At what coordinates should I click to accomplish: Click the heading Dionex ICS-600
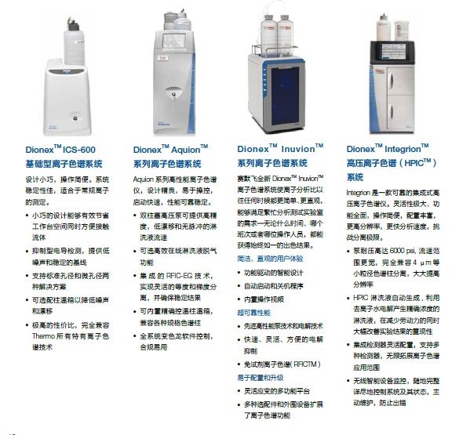pyautogui.click(x=60, y=150)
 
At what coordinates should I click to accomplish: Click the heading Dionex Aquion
pyautogui.click(x=170, y=150)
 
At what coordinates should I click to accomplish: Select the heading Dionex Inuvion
pyautogui.click(x=280, y=148)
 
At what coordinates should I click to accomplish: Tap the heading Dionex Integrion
pyautogui.click(x=388, y=148)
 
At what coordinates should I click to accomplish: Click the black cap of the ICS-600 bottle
pyautogui.click(x=74, y=25)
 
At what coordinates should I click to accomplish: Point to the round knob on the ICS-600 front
pyautogui.click(x=75, y=118)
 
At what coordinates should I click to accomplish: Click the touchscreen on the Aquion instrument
pyautogui.click(x=175, y=40)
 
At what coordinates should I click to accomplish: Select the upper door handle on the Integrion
pyautogui.click(x=392, y=78)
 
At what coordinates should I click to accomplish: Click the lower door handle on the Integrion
pyautogui.click(x=392, y=111)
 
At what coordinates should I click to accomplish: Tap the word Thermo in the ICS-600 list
pyautogui.click(x=43, y=336)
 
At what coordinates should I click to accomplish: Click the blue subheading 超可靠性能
pyautogui.click(x=253, y=313)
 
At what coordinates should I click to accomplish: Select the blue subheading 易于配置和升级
pyautogui.click(x=260, y=378)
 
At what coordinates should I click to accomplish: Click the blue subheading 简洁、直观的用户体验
pyautogui.click(x=270, y=259)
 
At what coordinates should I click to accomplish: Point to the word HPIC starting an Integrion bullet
pyautogui.click(x=360, y=298)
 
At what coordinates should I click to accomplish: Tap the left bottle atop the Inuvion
pyautogui.click(x=269, y=32)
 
